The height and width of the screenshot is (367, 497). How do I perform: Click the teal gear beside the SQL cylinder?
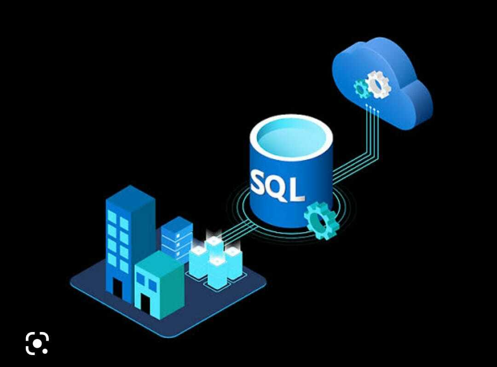(321, 221)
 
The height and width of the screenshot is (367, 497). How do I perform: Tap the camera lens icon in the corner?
(37, 343)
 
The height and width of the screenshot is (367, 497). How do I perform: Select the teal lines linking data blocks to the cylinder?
(238, 231)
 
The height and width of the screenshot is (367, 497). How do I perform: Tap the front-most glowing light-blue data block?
(217, 272)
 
